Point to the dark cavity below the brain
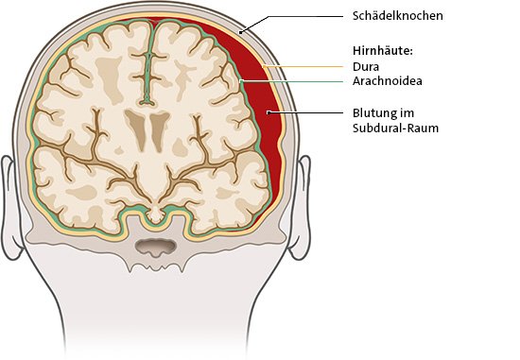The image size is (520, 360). pyautogui.click(x=152, y=248)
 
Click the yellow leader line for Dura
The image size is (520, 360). pyautogui.click(x=303, y=67)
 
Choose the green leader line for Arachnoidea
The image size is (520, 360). pyautogui.click(x=293, y=82)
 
